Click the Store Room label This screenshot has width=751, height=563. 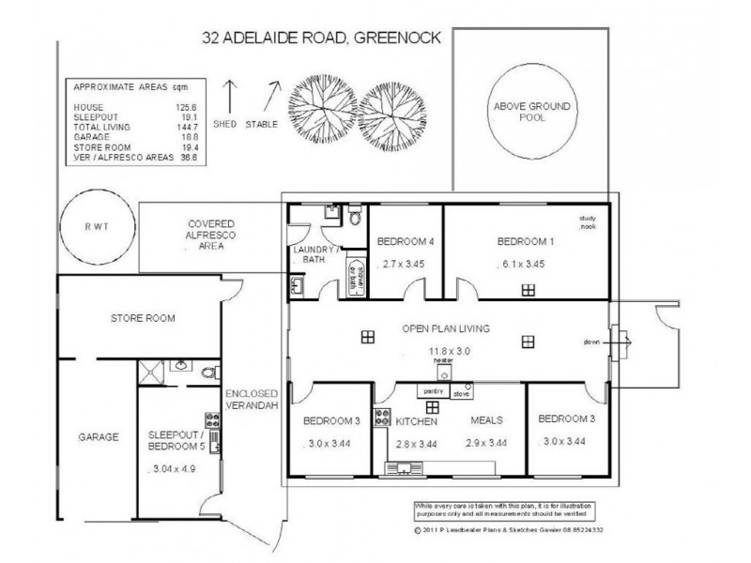point(138,319)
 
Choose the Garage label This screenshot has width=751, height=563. point(99,436)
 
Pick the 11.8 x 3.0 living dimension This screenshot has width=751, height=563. point(443,351)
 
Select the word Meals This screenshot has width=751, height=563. point(486,421)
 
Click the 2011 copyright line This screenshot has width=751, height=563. point(506,528)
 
